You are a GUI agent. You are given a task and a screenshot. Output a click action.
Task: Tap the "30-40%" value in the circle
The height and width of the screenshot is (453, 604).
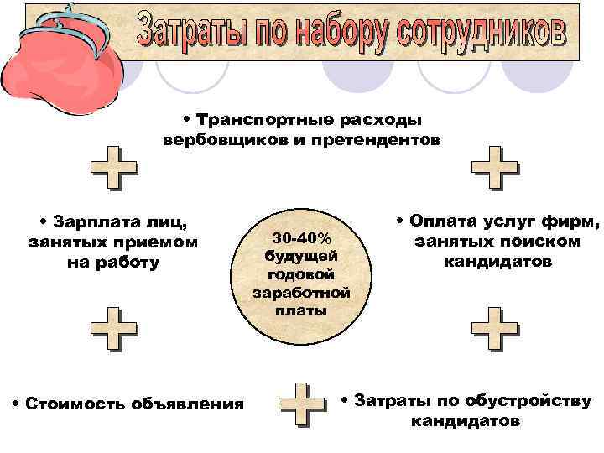click(x=301, y=238)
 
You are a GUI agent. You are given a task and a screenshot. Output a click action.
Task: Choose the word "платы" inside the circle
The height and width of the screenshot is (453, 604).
click(x=301, y=310)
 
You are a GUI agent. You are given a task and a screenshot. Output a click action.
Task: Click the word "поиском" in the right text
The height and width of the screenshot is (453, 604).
click(x=543, y=242)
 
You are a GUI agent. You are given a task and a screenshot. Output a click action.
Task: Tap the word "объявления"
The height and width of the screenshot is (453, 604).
click(x=187, y=404)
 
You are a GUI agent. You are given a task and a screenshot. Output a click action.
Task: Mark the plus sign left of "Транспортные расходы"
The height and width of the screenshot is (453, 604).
click(x=114, y=169)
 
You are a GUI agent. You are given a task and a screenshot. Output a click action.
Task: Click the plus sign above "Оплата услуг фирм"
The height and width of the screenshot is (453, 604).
click(x=495, y=169)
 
